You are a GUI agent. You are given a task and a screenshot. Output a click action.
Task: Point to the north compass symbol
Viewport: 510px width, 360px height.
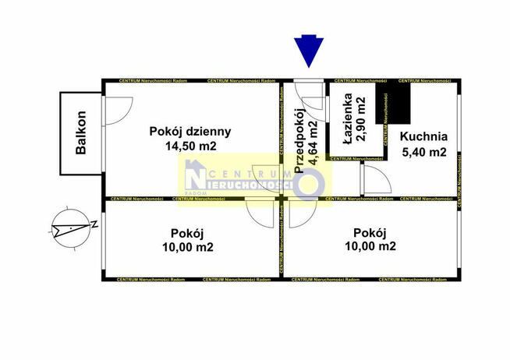tap(69, 229)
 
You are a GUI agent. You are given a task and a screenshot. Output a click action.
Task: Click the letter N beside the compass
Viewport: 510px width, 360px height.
tap(94, 225)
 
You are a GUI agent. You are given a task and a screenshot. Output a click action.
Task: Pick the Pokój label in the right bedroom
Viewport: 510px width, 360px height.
tap(369, 232)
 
